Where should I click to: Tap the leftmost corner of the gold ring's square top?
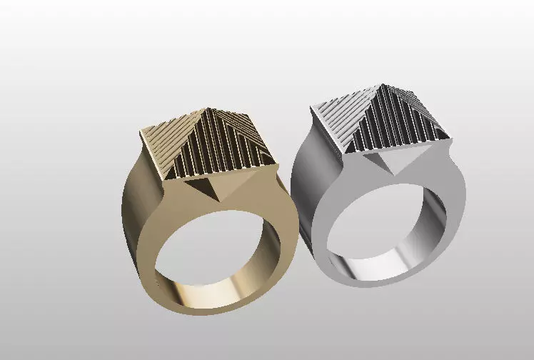138,133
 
